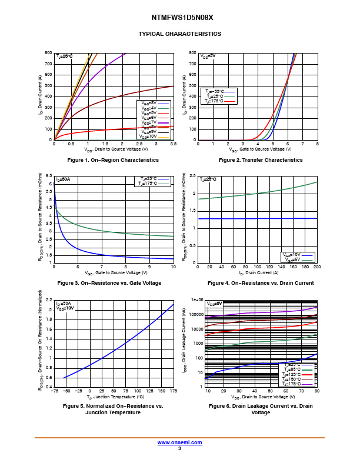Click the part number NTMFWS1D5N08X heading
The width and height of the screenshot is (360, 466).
click(179, 18)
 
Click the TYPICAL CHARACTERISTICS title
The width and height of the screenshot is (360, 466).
click(179, 34)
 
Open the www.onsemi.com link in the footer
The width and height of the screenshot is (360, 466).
click(179, 442)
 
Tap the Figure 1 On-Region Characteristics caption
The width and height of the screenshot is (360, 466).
click(113, 160)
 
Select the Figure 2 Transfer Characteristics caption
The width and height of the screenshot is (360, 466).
click(261, 160)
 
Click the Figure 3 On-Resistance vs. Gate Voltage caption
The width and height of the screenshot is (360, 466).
click(109, 283)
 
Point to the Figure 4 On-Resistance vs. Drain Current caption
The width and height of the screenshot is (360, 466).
click(261, 283)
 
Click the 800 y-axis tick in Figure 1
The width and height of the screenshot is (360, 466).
click(48, 53)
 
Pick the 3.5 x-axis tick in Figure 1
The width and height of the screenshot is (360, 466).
click(174, 144)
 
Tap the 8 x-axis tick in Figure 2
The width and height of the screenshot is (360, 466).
click(317, 144)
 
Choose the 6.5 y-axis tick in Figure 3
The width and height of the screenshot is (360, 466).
click(49, 176)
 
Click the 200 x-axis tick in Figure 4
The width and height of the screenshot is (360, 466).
click(316, 267)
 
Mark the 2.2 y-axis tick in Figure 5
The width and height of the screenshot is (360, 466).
click(49, 300)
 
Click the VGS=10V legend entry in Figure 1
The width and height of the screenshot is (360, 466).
click(149, 137)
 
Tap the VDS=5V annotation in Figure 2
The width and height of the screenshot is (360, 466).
click(208, 56)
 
